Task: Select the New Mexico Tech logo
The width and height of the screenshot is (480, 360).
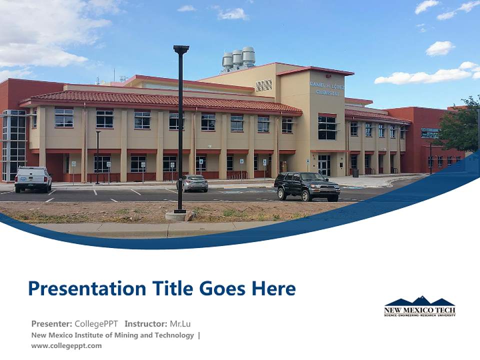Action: click(419, 306)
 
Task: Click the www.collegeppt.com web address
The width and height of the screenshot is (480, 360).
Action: click(66, 345)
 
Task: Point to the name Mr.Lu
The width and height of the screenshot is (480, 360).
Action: click(180, 323)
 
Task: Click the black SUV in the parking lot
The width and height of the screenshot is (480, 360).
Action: click(306, 185)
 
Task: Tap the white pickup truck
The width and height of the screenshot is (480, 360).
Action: click(33, 178)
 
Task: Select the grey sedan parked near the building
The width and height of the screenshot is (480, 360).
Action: click(192, 183)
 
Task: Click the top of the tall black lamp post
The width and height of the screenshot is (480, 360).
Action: click(181, 49)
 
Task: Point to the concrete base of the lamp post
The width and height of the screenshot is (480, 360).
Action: click(176, 216)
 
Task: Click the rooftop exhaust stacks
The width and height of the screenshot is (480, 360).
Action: click(238, 58)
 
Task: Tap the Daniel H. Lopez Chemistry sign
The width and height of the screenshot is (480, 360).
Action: click(327, 88)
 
